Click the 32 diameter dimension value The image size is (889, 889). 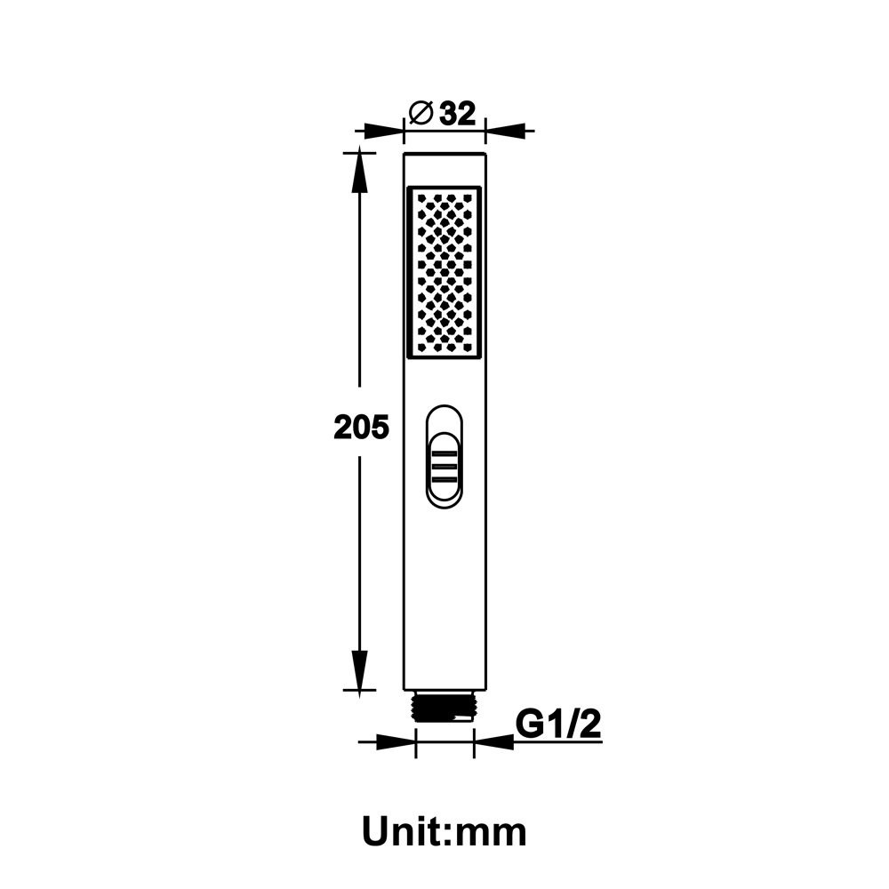point(458,114)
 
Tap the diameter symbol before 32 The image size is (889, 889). point(421,114)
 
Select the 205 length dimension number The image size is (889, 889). point(361,427)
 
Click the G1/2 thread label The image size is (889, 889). point(558,724)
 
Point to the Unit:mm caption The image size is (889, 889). point(444,832)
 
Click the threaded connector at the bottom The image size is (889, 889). point(445,707)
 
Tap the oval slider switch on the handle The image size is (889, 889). point(444,456)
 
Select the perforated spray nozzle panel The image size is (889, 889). point(444,273)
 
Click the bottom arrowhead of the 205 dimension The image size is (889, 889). point(359,675)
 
